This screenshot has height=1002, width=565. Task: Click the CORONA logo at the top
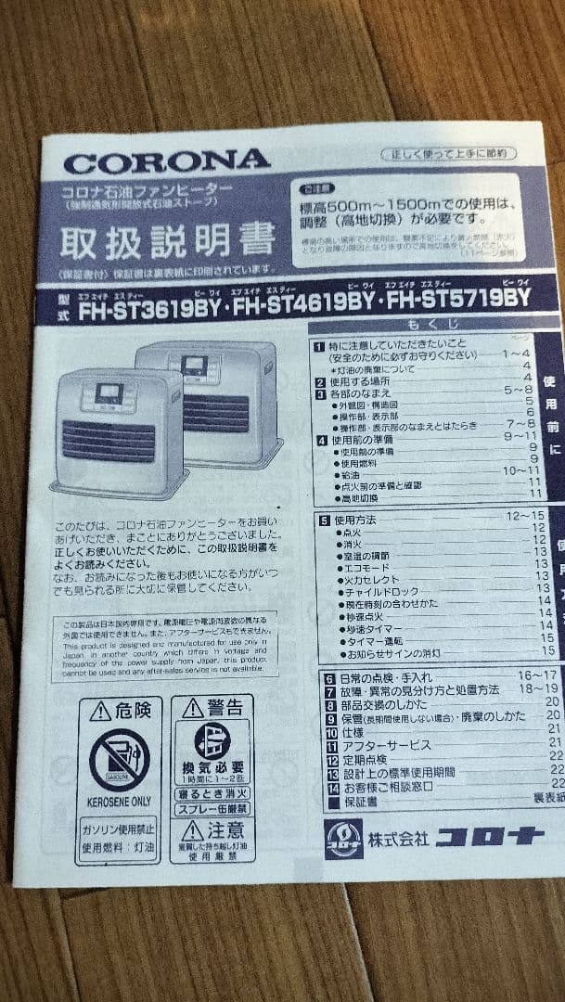coord(166,162)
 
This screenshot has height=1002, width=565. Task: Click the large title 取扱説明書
coord(168,240)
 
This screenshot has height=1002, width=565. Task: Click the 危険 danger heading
coord(120,712)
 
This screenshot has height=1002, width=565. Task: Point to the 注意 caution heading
coord(212,829)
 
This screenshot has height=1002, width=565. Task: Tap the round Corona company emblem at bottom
coord(344,839)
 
